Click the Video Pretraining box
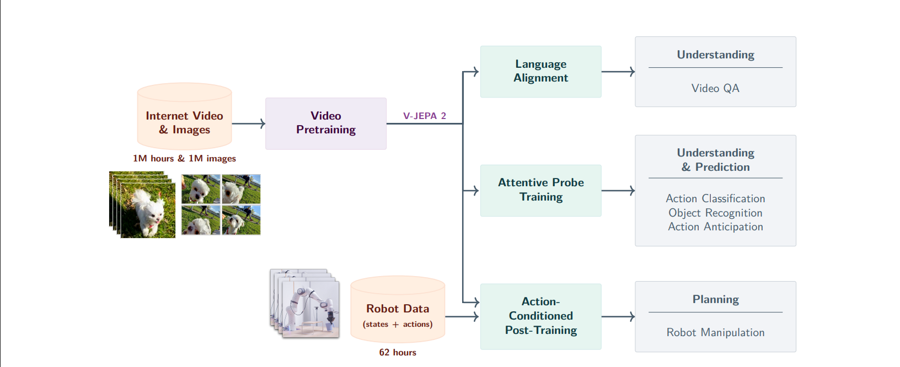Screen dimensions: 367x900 325,123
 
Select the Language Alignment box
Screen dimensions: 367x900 540,72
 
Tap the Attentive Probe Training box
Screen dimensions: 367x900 540,190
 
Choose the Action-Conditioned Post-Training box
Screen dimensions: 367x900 540,316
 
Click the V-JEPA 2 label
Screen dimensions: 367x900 424,116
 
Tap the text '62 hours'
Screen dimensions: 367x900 397,353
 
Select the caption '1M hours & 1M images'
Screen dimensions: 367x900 184,159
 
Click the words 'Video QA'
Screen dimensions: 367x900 715,88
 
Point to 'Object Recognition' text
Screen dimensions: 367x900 715,213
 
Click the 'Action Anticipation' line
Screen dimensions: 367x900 715,226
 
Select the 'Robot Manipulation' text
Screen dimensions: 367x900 715,332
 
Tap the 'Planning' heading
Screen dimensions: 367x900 715,299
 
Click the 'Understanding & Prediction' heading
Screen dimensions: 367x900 715,160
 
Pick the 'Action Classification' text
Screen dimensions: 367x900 715,198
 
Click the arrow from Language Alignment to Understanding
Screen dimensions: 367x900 618,72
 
